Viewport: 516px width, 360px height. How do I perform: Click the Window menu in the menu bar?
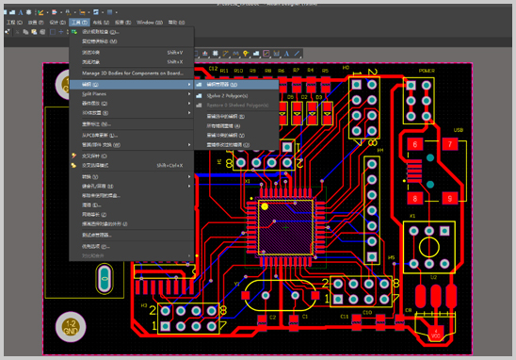coord(145,21)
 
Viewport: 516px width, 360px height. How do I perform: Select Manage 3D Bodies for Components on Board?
coord(131,73)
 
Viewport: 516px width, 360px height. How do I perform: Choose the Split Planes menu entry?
coord(94,94)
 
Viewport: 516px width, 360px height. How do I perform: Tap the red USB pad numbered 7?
coord(451,144)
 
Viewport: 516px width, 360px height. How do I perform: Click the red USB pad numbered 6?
coord(414,144)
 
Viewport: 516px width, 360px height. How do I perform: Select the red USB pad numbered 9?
coord(451,198)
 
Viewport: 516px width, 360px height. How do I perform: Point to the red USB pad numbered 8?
coord(414,198)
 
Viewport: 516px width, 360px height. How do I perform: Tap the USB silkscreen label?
coord(459,130)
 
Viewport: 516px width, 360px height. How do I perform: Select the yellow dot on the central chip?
coord(265,205)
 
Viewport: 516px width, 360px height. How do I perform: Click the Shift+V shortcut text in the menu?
coord(174,52)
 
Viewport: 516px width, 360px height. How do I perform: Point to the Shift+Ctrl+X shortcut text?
coord(169,165)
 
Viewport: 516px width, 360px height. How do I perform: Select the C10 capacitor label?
coord(367,311)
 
